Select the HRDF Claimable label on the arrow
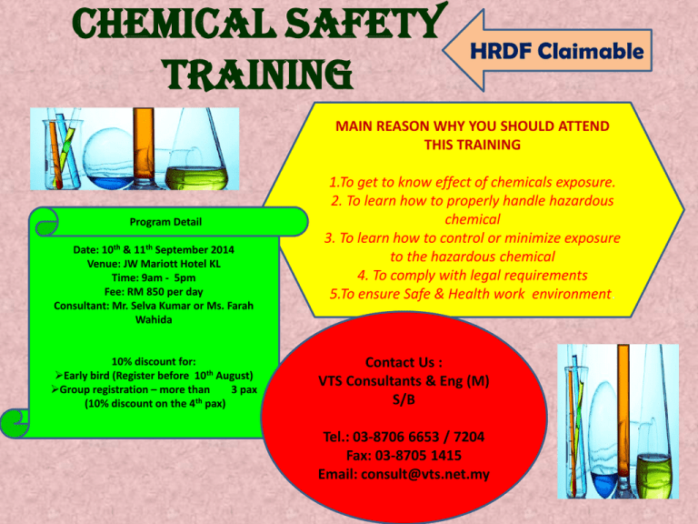click(557, 51)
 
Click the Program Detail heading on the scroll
click(165, 221)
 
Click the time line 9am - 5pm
click(154, 277)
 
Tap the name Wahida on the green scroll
click(154, 319)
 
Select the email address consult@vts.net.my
click(425, 474)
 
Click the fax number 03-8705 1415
click(418, 456)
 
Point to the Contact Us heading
click(404, 362)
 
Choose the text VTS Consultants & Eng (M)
click(404, 381)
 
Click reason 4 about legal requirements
click(473, 276)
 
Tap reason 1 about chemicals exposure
click(473, 182)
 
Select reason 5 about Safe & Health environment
click(471, 294)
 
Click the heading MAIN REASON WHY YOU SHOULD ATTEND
click(473, 126)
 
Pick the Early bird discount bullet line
click(154, 376)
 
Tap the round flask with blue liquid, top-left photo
click(109, 158)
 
